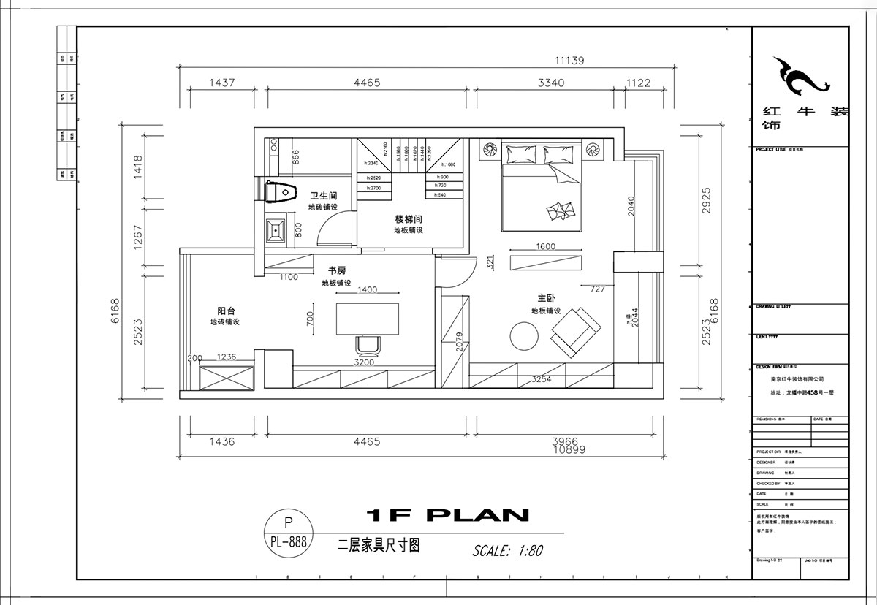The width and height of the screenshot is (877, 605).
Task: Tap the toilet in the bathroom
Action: point(279,191)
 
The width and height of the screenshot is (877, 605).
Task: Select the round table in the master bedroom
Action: point(524,337)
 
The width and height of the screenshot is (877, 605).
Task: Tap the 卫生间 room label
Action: point(322,196)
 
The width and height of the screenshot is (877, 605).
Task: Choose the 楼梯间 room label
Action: point(409,218)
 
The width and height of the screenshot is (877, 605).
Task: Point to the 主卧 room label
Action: point(546,298)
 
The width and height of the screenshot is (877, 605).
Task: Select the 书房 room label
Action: point(336,271)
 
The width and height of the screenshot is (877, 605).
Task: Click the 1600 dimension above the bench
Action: point(545,246)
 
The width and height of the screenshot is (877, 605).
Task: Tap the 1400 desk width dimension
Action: point(367,289)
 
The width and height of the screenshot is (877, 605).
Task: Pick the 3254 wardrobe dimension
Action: point(541,379)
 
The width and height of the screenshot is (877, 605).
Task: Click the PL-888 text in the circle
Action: point(288,542)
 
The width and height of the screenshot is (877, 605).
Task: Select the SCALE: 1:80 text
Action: point(507,549)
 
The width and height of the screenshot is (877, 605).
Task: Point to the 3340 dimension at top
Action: point(550,83)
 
